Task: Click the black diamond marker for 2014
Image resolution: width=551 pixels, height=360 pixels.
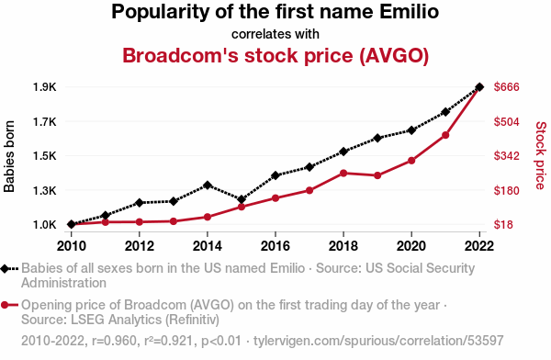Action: point(208,185)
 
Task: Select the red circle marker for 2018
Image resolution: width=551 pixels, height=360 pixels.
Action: point(343,173)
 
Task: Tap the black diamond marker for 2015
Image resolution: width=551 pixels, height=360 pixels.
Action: point(242,199)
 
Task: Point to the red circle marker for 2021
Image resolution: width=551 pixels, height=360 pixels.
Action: point(445,135)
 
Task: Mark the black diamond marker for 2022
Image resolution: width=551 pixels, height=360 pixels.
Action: point(479,87)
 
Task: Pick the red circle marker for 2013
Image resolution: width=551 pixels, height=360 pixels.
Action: point(174,221)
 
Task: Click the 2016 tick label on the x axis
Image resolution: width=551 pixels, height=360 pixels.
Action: point(275,246)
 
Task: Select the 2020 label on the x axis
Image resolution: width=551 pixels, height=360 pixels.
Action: point(411,246)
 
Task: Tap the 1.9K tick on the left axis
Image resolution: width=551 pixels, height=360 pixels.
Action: point(45,87)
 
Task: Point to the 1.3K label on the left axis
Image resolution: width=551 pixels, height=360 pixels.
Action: point(45,190)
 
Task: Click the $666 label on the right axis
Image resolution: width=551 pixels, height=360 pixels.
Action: point(506,87)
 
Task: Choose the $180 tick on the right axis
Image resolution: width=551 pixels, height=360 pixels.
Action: point(506,190)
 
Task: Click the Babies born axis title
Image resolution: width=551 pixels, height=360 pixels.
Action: point(9,156)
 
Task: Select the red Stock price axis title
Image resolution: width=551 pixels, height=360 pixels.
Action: point(541,155)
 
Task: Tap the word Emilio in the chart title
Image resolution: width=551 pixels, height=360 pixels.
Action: point(409,11)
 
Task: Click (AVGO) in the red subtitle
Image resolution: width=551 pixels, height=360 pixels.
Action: point(394,55)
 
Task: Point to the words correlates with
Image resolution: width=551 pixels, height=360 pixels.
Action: point(275,34)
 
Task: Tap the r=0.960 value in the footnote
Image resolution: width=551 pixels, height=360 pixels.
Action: point(114,341)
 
